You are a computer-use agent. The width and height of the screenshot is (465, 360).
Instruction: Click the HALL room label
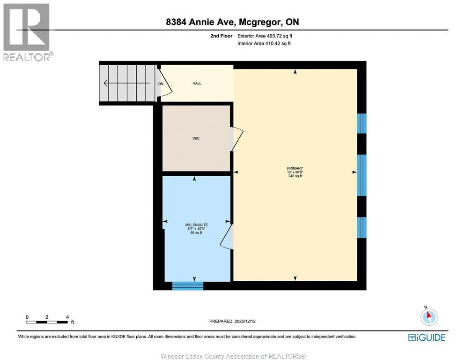[197, 83]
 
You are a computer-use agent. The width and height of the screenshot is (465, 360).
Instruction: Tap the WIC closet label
[196, 138]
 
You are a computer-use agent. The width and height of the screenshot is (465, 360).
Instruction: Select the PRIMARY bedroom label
[295, 168]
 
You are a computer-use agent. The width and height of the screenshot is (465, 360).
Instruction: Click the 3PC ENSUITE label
[196, 225]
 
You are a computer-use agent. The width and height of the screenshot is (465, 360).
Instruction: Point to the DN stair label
[161, 84]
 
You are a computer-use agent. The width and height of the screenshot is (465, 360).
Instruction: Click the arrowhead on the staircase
[106, 83]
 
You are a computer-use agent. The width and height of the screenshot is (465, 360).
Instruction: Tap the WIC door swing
[237, 139]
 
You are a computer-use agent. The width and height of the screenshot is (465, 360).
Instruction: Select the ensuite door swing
[227, 237]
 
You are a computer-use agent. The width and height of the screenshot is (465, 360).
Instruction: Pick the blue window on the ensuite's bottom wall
[188, 285]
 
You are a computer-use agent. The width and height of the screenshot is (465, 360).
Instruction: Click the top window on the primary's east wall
[362, 123]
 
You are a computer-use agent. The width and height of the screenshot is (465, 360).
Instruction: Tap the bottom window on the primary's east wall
[362, 227]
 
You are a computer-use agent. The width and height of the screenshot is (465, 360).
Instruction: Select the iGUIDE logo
[427, 337]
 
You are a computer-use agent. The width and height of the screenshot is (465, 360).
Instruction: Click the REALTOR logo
[27, 32]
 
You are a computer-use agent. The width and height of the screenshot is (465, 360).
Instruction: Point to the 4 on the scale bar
[67, 317]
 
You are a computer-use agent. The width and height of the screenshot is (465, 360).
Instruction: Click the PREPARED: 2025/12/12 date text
[233, 321]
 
